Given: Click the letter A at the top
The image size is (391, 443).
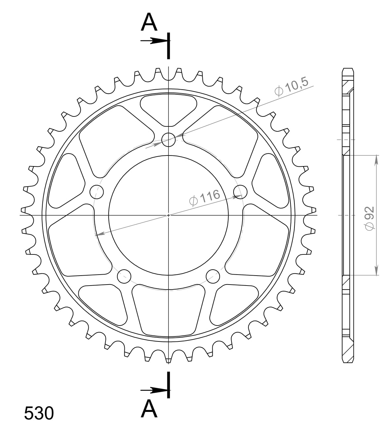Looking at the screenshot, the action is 149,22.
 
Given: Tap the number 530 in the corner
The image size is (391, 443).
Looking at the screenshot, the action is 39,413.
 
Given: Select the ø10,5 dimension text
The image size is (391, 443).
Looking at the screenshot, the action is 291,86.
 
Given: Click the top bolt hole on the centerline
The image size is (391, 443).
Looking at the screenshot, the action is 169,139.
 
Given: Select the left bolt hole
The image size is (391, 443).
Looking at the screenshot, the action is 97,192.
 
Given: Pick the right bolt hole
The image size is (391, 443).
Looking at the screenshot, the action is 240,191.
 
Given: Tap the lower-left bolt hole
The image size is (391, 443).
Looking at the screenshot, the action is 124,276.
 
